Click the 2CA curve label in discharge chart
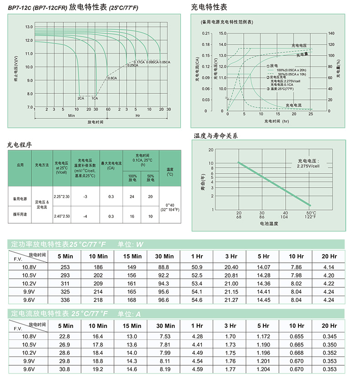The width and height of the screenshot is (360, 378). [x=80, y=98]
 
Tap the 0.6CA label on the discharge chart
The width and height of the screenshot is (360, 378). [x=112, y=78]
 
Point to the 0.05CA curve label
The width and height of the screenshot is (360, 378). [x=165, y=62]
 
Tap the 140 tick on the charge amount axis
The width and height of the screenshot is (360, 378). [x=331, y=33]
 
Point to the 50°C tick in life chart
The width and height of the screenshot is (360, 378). [x=311, y=213]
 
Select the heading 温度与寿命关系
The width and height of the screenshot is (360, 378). [x=216, y=136]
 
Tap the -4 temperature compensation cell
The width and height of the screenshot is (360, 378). [x=86, y=216]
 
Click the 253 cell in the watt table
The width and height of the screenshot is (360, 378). [x=65, y=267]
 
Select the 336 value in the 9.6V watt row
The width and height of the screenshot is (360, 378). [x=65, y=300]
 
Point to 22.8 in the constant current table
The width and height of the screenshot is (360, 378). [x=65, y=337]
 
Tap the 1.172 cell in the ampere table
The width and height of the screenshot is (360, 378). [x=263, y=337]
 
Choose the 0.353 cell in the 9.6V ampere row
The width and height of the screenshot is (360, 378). [x=329, y=369]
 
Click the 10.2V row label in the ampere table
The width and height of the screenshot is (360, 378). [x=30, y=353]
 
